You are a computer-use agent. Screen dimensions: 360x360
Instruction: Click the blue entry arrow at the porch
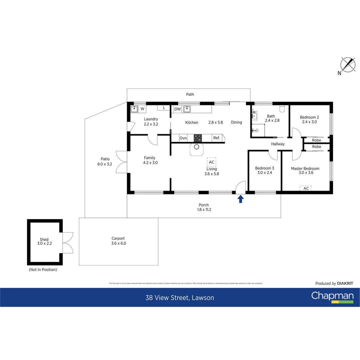click(240, 199)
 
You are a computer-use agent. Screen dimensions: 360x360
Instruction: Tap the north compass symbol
click(347, 65)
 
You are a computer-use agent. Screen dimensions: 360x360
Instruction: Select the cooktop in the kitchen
click(198, 138)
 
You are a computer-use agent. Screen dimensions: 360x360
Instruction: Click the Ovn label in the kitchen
click(183, 138)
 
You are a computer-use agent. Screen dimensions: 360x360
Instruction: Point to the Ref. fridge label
click(216, 138)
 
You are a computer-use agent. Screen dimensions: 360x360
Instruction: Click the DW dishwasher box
click(177, 109)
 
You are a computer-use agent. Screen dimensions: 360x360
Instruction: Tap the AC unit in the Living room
click(211, 162)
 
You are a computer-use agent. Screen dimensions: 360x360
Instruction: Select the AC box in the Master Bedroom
click(306, 188)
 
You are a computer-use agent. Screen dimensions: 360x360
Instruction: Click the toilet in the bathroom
click(282, 108)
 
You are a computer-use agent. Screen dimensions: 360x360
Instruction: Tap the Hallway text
click(278, 144)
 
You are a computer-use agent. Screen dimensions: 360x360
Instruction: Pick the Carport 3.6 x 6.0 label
click(118, 241)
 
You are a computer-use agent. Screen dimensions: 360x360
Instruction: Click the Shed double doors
click(68, 243)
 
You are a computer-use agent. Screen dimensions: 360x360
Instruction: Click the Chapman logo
click(332, 296)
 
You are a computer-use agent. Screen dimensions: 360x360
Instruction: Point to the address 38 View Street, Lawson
click(180, 298)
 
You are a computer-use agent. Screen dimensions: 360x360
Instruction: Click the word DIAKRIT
click(345, 283)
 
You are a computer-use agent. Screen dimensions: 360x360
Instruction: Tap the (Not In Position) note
click(43, 269)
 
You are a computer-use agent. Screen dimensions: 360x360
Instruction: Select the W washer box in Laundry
click(142, 109)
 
